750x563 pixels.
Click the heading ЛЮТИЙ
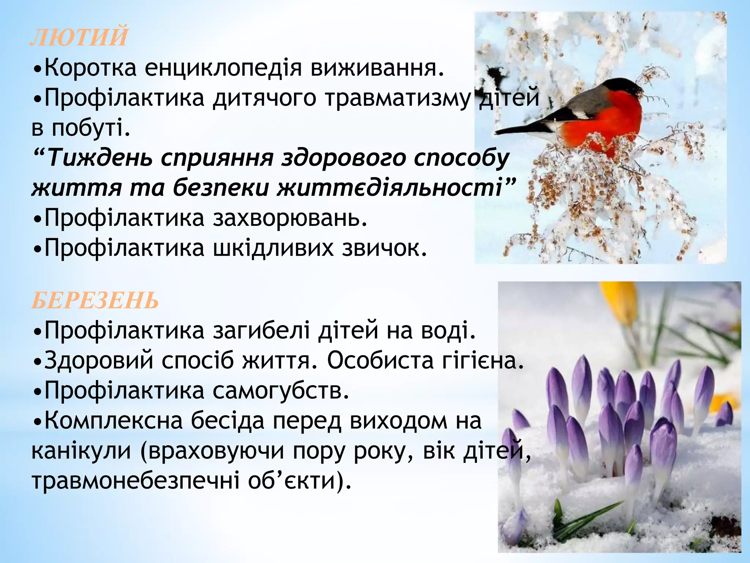79,37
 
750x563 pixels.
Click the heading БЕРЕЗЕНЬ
95,301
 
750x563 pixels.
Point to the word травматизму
397,98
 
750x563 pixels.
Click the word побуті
91,128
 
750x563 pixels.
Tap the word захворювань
290,218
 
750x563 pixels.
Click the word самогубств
281,391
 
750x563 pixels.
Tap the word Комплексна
113,421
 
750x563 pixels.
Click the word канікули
81,451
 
